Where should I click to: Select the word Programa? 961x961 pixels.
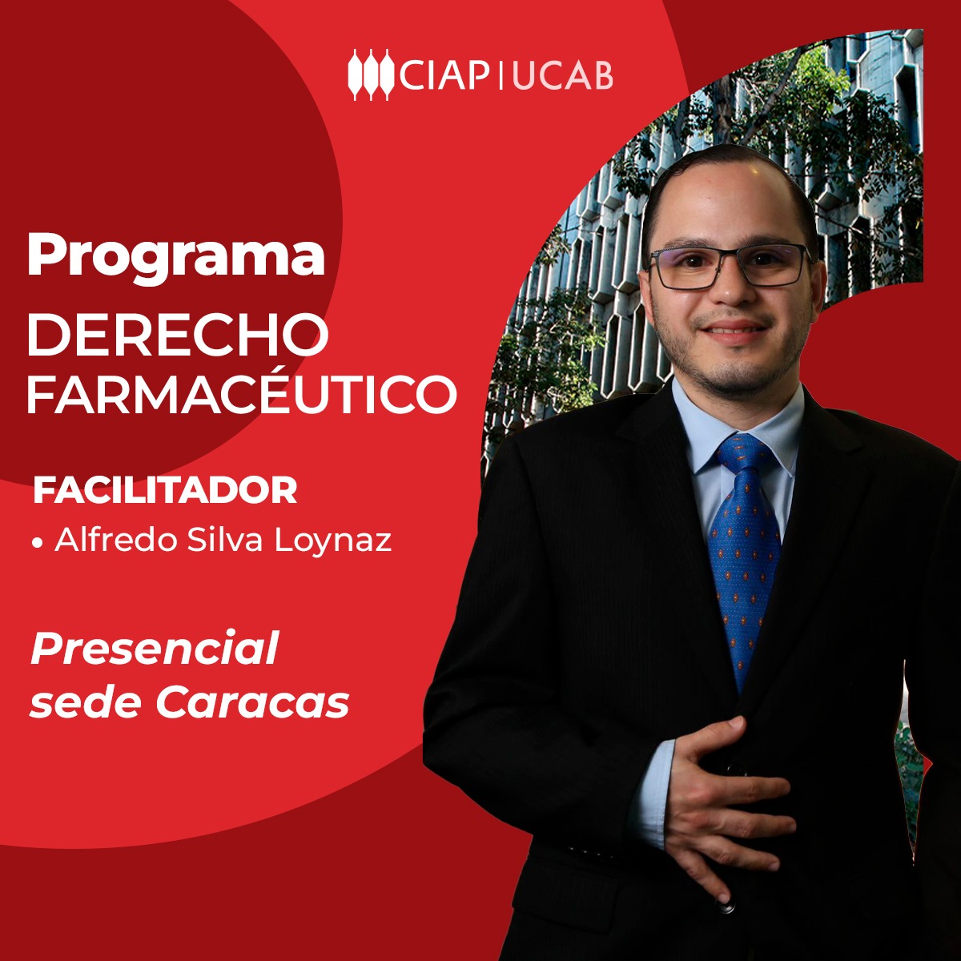175,256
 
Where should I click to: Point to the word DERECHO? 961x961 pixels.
177,336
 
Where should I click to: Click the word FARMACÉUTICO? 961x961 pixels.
240,394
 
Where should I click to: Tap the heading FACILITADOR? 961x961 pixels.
165,491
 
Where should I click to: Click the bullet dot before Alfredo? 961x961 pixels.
37,543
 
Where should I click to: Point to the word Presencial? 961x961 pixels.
154,649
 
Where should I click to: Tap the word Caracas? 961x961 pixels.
252,703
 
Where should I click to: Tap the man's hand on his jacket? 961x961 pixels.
721,793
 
